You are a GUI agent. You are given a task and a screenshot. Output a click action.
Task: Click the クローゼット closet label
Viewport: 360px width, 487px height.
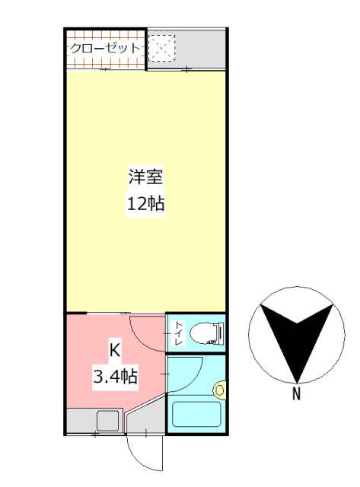(105, 48)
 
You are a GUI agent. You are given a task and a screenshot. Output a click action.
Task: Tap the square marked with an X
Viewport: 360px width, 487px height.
(162, 49)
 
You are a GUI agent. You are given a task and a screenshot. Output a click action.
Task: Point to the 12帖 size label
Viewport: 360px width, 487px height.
(145, 204)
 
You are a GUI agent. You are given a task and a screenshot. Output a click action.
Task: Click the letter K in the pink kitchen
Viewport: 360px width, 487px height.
(115, 351)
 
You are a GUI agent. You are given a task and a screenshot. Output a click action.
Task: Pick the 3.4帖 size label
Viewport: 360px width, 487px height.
(115, 375)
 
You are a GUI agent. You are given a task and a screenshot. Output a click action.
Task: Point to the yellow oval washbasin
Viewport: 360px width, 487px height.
(220, 390)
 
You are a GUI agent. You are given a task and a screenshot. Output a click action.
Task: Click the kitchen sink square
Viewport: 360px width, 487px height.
(107, 420)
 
